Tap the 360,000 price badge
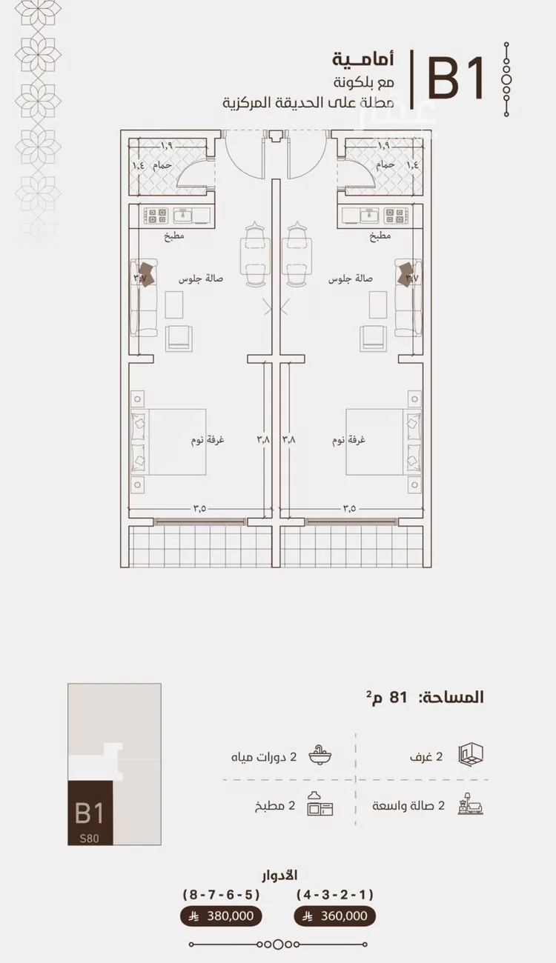pos(334,916)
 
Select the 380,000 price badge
pos(221,916)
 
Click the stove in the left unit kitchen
pos(156,216)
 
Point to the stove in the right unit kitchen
pos(395,216)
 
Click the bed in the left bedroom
pos(168,442)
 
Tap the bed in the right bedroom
pos(383,442)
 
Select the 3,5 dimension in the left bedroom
pos(199,508)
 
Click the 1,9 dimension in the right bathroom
pos(383,145)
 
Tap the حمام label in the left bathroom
pos(162,165)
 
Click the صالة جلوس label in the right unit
pos(351,279)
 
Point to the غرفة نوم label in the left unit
pos(208,440)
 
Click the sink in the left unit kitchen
pos(185,216)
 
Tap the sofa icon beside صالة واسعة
pos(470,804)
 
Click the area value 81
pos(398,697)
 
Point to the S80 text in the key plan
pos(89,839)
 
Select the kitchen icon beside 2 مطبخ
pos(320,804)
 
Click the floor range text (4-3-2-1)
pos(335,895)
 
